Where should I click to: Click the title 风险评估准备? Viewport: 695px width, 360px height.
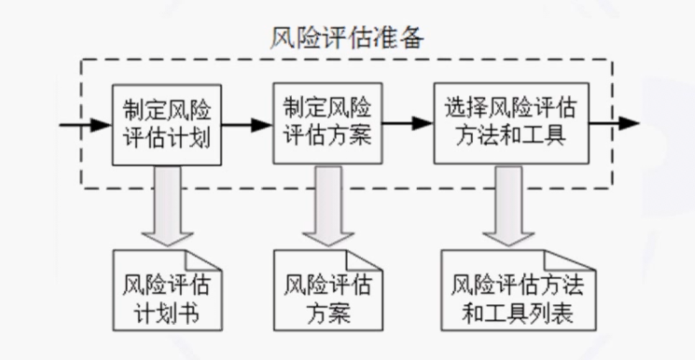point(347,39)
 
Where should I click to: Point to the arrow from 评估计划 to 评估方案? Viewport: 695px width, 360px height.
point(246,124)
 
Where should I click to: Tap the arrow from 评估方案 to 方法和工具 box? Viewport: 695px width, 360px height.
point(407,123)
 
